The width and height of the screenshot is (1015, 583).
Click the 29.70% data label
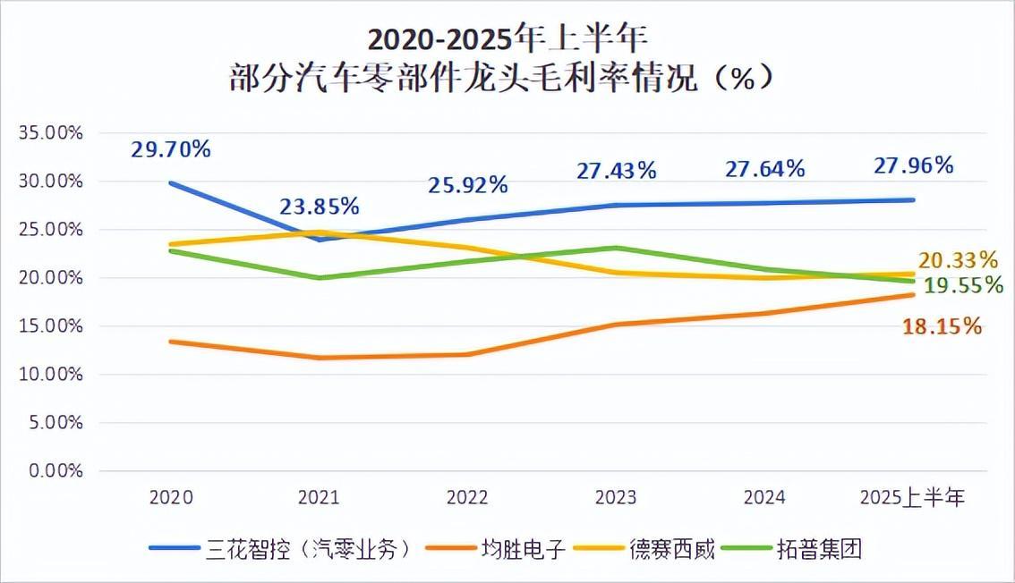pyautogui.click(x=171, y=149)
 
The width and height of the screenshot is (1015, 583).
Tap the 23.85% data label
pyautogui.click(x=319, y=207)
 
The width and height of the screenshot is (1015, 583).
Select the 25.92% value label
pyautogui.click(x=467, y=185)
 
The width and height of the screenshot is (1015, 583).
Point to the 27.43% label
pyautogui.click(x=616, y=170)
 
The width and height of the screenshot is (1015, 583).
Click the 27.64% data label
pyautogui.click(x=764, y=168)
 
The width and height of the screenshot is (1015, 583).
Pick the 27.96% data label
pyautogui.click(x=913, y=165)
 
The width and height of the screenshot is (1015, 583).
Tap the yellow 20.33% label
pyautogui.click(x=958, y=260)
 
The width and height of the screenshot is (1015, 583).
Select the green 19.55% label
pyautogui.click(x=962, y=285)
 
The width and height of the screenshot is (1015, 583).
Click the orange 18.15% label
pyautogui.click(x=942, y=326)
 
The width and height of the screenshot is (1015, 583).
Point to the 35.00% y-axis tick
pyautogui.click(x=50, y=133)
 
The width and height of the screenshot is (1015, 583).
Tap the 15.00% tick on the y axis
pyautogui.click(x=50, y=326)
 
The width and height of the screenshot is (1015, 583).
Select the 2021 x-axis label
pyautogui.click(x=319, y=498)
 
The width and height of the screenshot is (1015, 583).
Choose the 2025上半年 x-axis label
pyautogui.click(x=912, y=498)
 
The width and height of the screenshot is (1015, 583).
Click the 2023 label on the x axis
pyautogui.click(x=616, y=498)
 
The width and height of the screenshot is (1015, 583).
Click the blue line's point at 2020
pyautogui.click(x=171, y=183)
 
